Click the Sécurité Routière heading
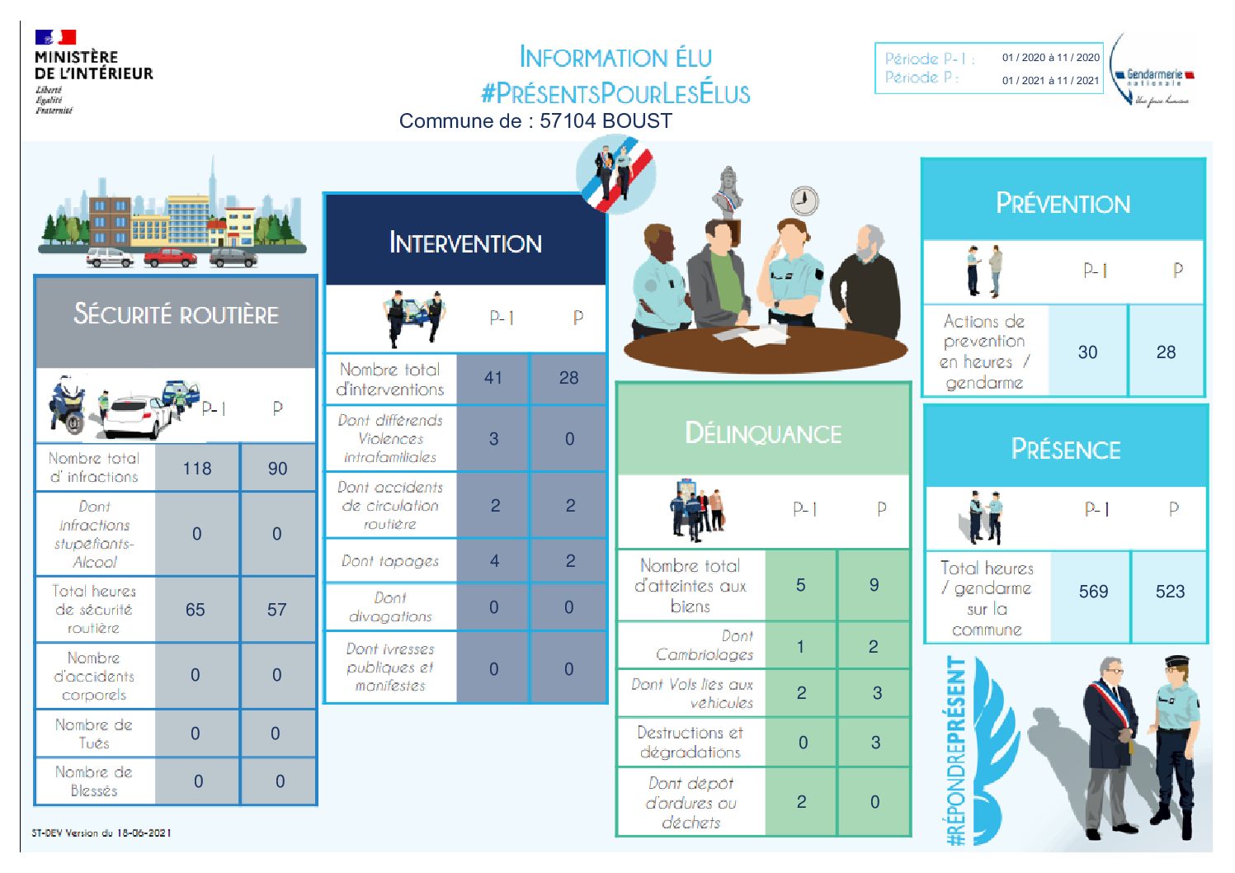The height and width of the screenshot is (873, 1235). (x=176, y=314)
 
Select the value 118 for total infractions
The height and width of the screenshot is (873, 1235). (x=197, y=469)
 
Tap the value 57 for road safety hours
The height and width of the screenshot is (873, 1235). (x=276, y=610)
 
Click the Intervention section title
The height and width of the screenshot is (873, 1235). (x=465, y=243)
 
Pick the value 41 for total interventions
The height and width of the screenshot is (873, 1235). (x=493, y=378)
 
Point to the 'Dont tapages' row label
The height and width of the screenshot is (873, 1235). (x=390, y=561)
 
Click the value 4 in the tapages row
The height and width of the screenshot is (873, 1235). (x=494, y=561)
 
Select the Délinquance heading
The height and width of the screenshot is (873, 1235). (x=763, y=434)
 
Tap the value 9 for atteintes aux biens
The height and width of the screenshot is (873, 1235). (x=874, y=585)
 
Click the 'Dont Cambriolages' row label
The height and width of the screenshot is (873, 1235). (x=705, y=645)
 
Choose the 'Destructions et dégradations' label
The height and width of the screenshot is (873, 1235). (x=691, y=742)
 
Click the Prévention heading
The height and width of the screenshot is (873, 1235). (x=1063, y=204)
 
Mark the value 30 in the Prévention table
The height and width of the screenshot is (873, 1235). (x=1087, y=352)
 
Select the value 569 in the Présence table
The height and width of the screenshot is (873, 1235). (x=1093, y=592)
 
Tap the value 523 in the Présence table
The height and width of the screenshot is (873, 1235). (x=1170, y=592)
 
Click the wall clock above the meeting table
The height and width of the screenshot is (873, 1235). (x=804, y=201)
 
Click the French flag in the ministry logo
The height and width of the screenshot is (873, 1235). (x=55, y=37)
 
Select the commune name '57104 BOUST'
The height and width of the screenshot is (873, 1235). (x=606, y=121)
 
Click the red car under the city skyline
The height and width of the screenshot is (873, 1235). (x=170, y=258)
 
